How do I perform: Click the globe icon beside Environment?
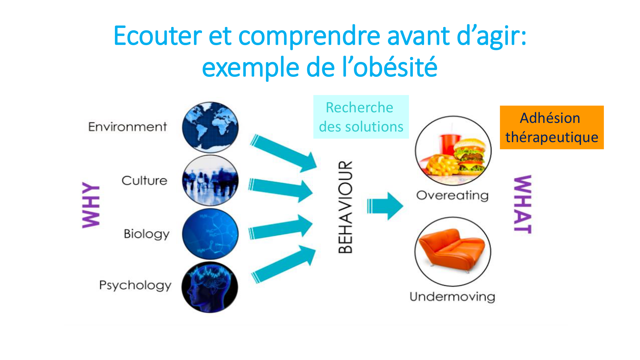[210, 127]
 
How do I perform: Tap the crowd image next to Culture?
[210, 180]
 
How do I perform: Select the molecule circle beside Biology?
[210, 234]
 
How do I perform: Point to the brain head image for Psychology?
[210, 287]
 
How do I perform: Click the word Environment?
[127, 127]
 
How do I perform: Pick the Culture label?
[144, 180]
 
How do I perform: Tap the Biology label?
[147, 234]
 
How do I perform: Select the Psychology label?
[135, 285]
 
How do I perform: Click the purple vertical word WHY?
[91, 205]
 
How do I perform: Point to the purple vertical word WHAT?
[523, 204]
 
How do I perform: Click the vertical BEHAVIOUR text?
[345, 207]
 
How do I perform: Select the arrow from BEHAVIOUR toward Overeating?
[385, 206]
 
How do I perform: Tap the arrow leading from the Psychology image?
[284, 264]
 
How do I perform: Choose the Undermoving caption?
[452, 296]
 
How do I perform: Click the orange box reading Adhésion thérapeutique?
[552, 127]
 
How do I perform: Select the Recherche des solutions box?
[361, 117]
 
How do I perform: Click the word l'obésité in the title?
[390, 67]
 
